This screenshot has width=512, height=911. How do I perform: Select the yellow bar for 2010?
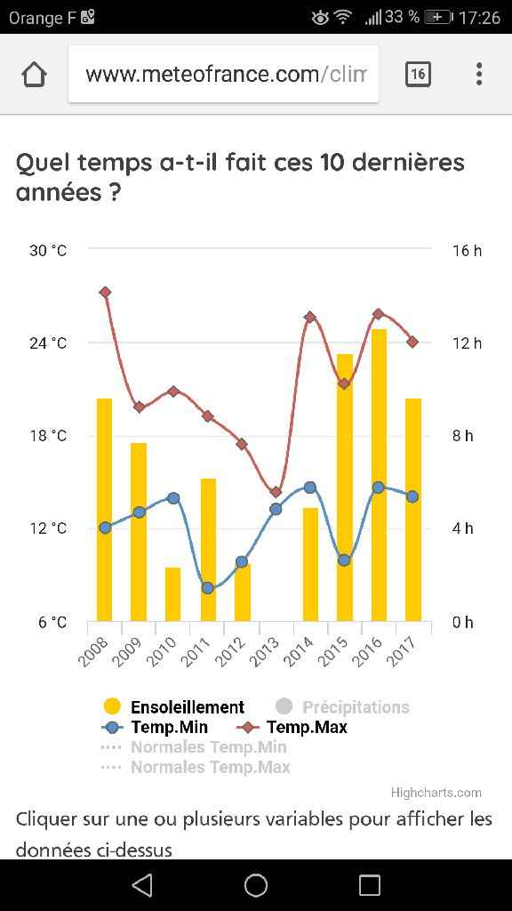click(x=172, y=594)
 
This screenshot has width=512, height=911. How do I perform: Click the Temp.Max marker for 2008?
click(x=105, y=293)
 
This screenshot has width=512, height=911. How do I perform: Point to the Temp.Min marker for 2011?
click(x=208, y=588)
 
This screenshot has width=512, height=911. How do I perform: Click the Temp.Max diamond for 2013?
click(x=276, y=492)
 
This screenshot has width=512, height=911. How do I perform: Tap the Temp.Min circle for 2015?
click(x=344, y=560)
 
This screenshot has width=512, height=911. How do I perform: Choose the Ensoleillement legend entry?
click(x=174, y=707)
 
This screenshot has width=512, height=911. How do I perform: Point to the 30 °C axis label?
click(x=47, y=251)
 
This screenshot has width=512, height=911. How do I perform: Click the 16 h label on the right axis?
click(x=467, y=251)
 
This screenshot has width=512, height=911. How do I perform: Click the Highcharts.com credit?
click(x=436, y=793)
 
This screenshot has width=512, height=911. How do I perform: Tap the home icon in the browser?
click(x=34, y=75)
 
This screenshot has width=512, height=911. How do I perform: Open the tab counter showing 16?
click(x=418, y=75)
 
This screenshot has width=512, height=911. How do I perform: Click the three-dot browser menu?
click(x=479, y=75)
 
